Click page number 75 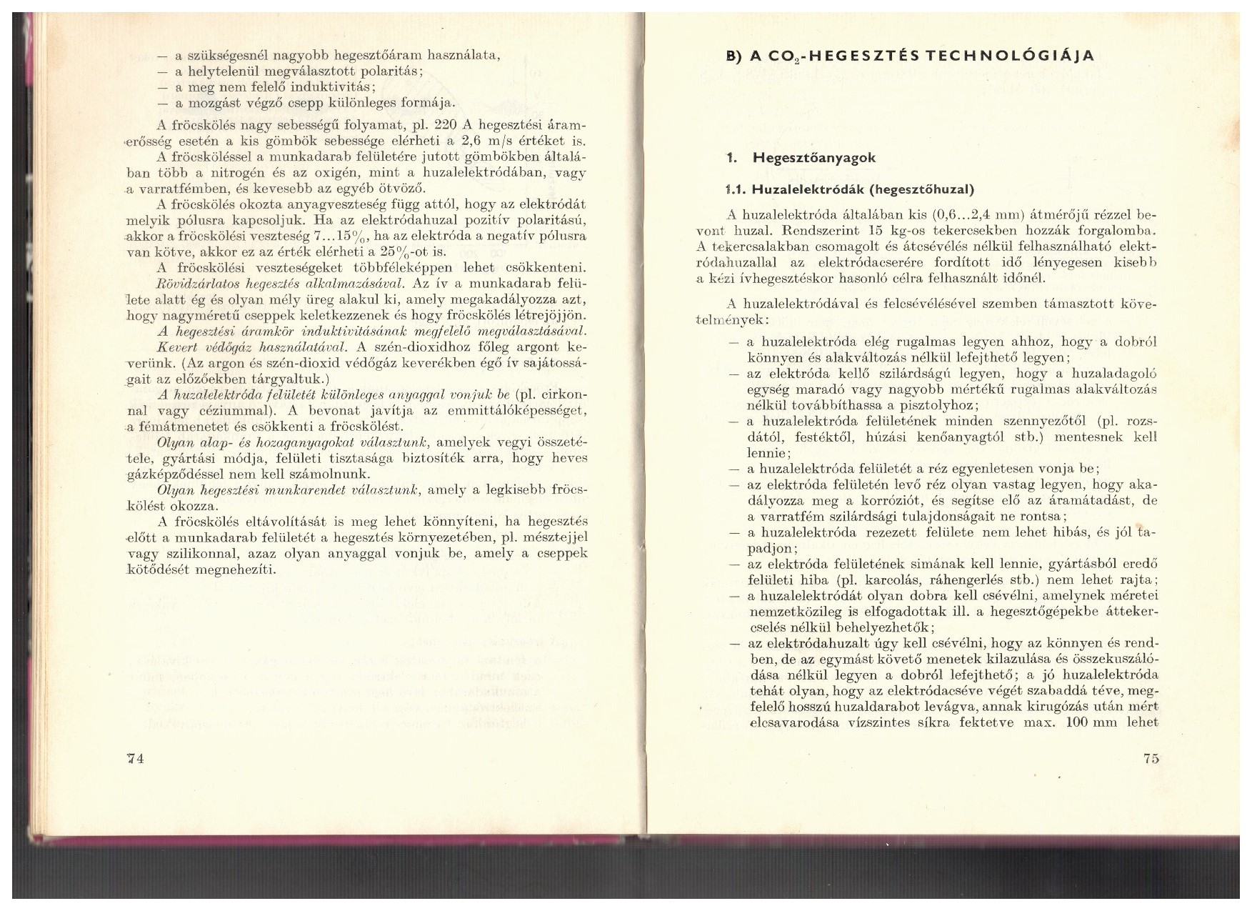coord(1151,759)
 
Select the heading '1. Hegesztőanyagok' coord(797,158)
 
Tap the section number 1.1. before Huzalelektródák coord(734,189)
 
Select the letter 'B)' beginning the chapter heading coord(734,56)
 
